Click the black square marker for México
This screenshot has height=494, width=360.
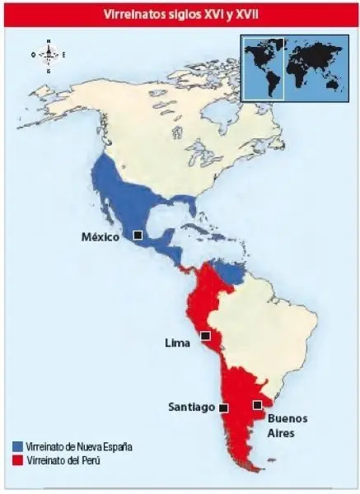pyautogui.click(x=138, y=235)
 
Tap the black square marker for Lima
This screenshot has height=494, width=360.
pyautogui.click(x=205, y=336)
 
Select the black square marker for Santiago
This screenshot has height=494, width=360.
pyautogui.click(x=223, y=407)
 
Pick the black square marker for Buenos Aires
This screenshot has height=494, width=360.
pyautogui.click(x=257, y=404)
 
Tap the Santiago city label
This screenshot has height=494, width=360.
pyautogui.click(x=192, y=407)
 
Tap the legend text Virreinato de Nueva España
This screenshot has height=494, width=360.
pyautogui.click(x=78, y=446)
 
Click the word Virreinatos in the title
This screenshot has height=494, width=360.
pyautogui.click(x=136, y=14)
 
